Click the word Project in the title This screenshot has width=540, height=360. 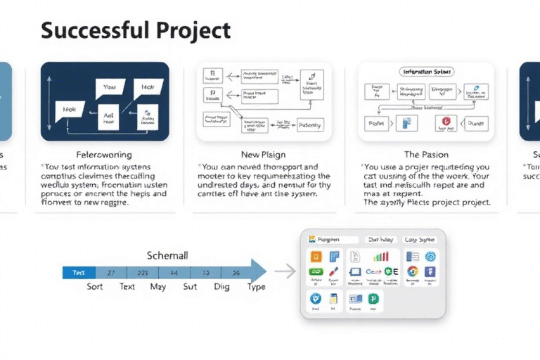point(195,31)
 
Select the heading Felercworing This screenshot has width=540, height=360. point(103,154)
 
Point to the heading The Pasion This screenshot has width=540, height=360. point(425,154)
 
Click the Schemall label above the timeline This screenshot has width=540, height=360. point(167,256)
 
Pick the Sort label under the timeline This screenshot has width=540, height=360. point(95,287)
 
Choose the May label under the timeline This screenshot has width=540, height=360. point(158,287)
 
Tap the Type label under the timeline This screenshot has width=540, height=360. point(256,287)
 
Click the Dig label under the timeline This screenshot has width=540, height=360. point(221,287)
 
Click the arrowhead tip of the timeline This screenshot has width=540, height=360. point(264,272)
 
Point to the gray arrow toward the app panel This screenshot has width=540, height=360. point(285,271)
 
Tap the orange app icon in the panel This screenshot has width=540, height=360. point(316,257)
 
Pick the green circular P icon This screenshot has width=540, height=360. point(373,299)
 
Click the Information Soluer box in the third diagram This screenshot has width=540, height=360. point(426,72)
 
